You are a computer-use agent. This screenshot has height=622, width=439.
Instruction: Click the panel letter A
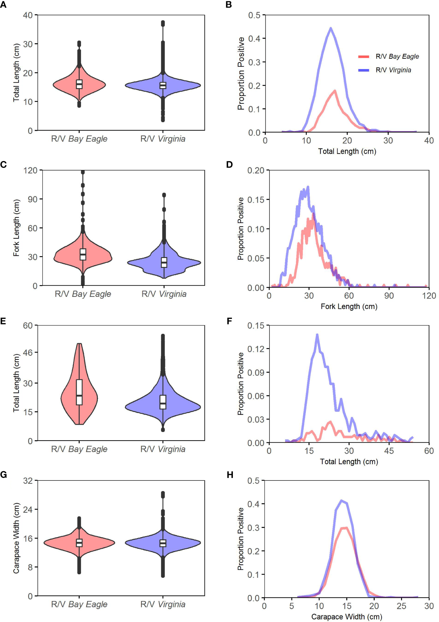[x=3, y=5]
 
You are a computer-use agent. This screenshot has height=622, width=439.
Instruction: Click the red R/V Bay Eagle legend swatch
[x=363, y=57]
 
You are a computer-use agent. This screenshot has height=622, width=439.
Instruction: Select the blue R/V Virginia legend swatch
[x=363, y=70]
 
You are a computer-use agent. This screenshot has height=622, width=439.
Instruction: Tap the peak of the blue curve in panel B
[x=331, y=28]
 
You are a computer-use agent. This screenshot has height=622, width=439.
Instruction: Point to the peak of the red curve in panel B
[x=335, y=91]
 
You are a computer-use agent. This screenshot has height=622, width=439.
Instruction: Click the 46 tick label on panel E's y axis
[x=28, y=353]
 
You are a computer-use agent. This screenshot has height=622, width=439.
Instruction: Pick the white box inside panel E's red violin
[x=79, y=392]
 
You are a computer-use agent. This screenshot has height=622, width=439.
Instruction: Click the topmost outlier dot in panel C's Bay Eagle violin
[x=83, y=172]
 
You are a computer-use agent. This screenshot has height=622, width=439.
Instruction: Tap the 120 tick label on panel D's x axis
[x=429, y=296]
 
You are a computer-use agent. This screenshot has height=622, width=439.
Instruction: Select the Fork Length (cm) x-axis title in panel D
[x=349, y=306]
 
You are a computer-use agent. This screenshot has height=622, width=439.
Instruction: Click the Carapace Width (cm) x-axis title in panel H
[x=346, y=617]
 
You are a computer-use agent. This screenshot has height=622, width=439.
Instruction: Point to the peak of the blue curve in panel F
[x=317, y=335]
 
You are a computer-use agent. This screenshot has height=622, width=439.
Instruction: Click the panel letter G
[x=4, y=475]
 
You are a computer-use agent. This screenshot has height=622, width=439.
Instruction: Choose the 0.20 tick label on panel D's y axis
[x=255, y=171]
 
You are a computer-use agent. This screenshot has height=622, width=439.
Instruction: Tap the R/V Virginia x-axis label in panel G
[x=163, y=604]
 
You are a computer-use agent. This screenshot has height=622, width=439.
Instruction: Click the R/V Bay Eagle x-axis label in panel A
[x=79, y=139]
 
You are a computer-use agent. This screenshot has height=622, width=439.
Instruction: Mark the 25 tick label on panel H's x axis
[x=401, y=606]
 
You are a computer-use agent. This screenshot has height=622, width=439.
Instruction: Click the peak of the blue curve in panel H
[x=342, y=501]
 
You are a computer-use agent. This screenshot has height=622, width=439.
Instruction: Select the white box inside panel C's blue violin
[x=164, y=262]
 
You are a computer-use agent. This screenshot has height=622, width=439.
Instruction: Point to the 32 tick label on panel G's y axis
[x=28, y=481]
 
